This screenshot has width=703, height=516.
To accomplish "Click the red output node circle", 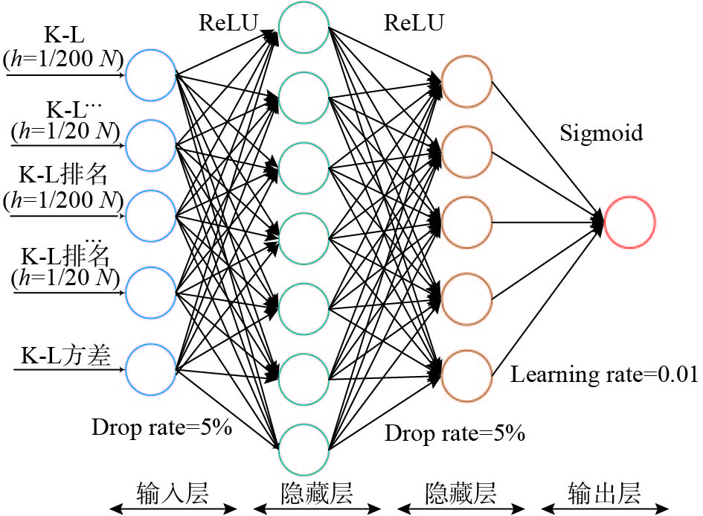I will (x=629, y=222).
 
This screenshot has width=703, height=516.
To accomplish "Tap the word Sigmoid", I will (x=601, y=134).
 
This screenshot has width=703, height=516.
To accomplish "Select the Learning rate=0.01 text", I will (x=603, y=375).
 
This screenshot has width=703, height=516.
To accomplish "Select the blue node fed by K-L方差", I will (x=151, y=369).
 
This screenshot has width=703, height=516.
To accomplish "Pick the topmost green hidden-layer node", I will (x=304, y=28).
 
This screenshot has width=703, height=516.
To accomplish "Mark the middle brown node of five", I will (x=466, y=222).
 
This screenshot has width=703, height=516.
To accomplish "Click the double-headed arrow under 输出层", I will (x=605, y=509).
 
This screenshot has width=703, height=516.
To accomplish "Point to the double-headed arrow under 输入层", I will (x=173, y=509).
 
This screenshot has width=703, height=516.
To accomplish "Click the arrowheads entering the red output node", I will (x=597, y=222).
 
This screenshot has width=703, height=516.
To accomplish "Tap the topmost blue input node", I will (x=151, y=74).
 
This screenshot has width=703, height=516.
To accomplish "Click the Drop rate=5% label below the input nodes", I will (x=162, y=427).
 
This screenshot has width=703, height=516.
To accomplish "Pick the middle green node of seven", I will (x=304, y=239).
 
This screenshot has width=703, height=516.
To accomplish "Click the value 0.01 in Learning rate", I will (x=675, y=375).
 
